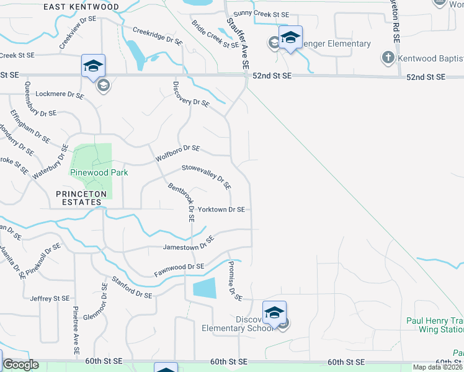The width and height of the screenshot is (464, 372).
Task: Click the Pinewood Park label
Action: (99, 172)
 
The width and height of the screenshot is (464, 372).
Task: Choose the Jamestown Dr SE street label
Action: (188, 244)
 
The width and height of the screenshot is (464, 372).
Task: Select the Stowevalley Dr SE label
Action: (207, 176)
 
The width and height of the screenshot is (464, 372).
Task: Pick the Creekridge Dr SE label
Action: (158, 37)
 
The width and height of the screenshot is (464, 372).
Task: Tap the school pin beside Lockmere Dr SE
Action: (94, 66)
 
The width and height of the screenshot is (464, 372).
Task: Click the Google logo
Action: (20, 365)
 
